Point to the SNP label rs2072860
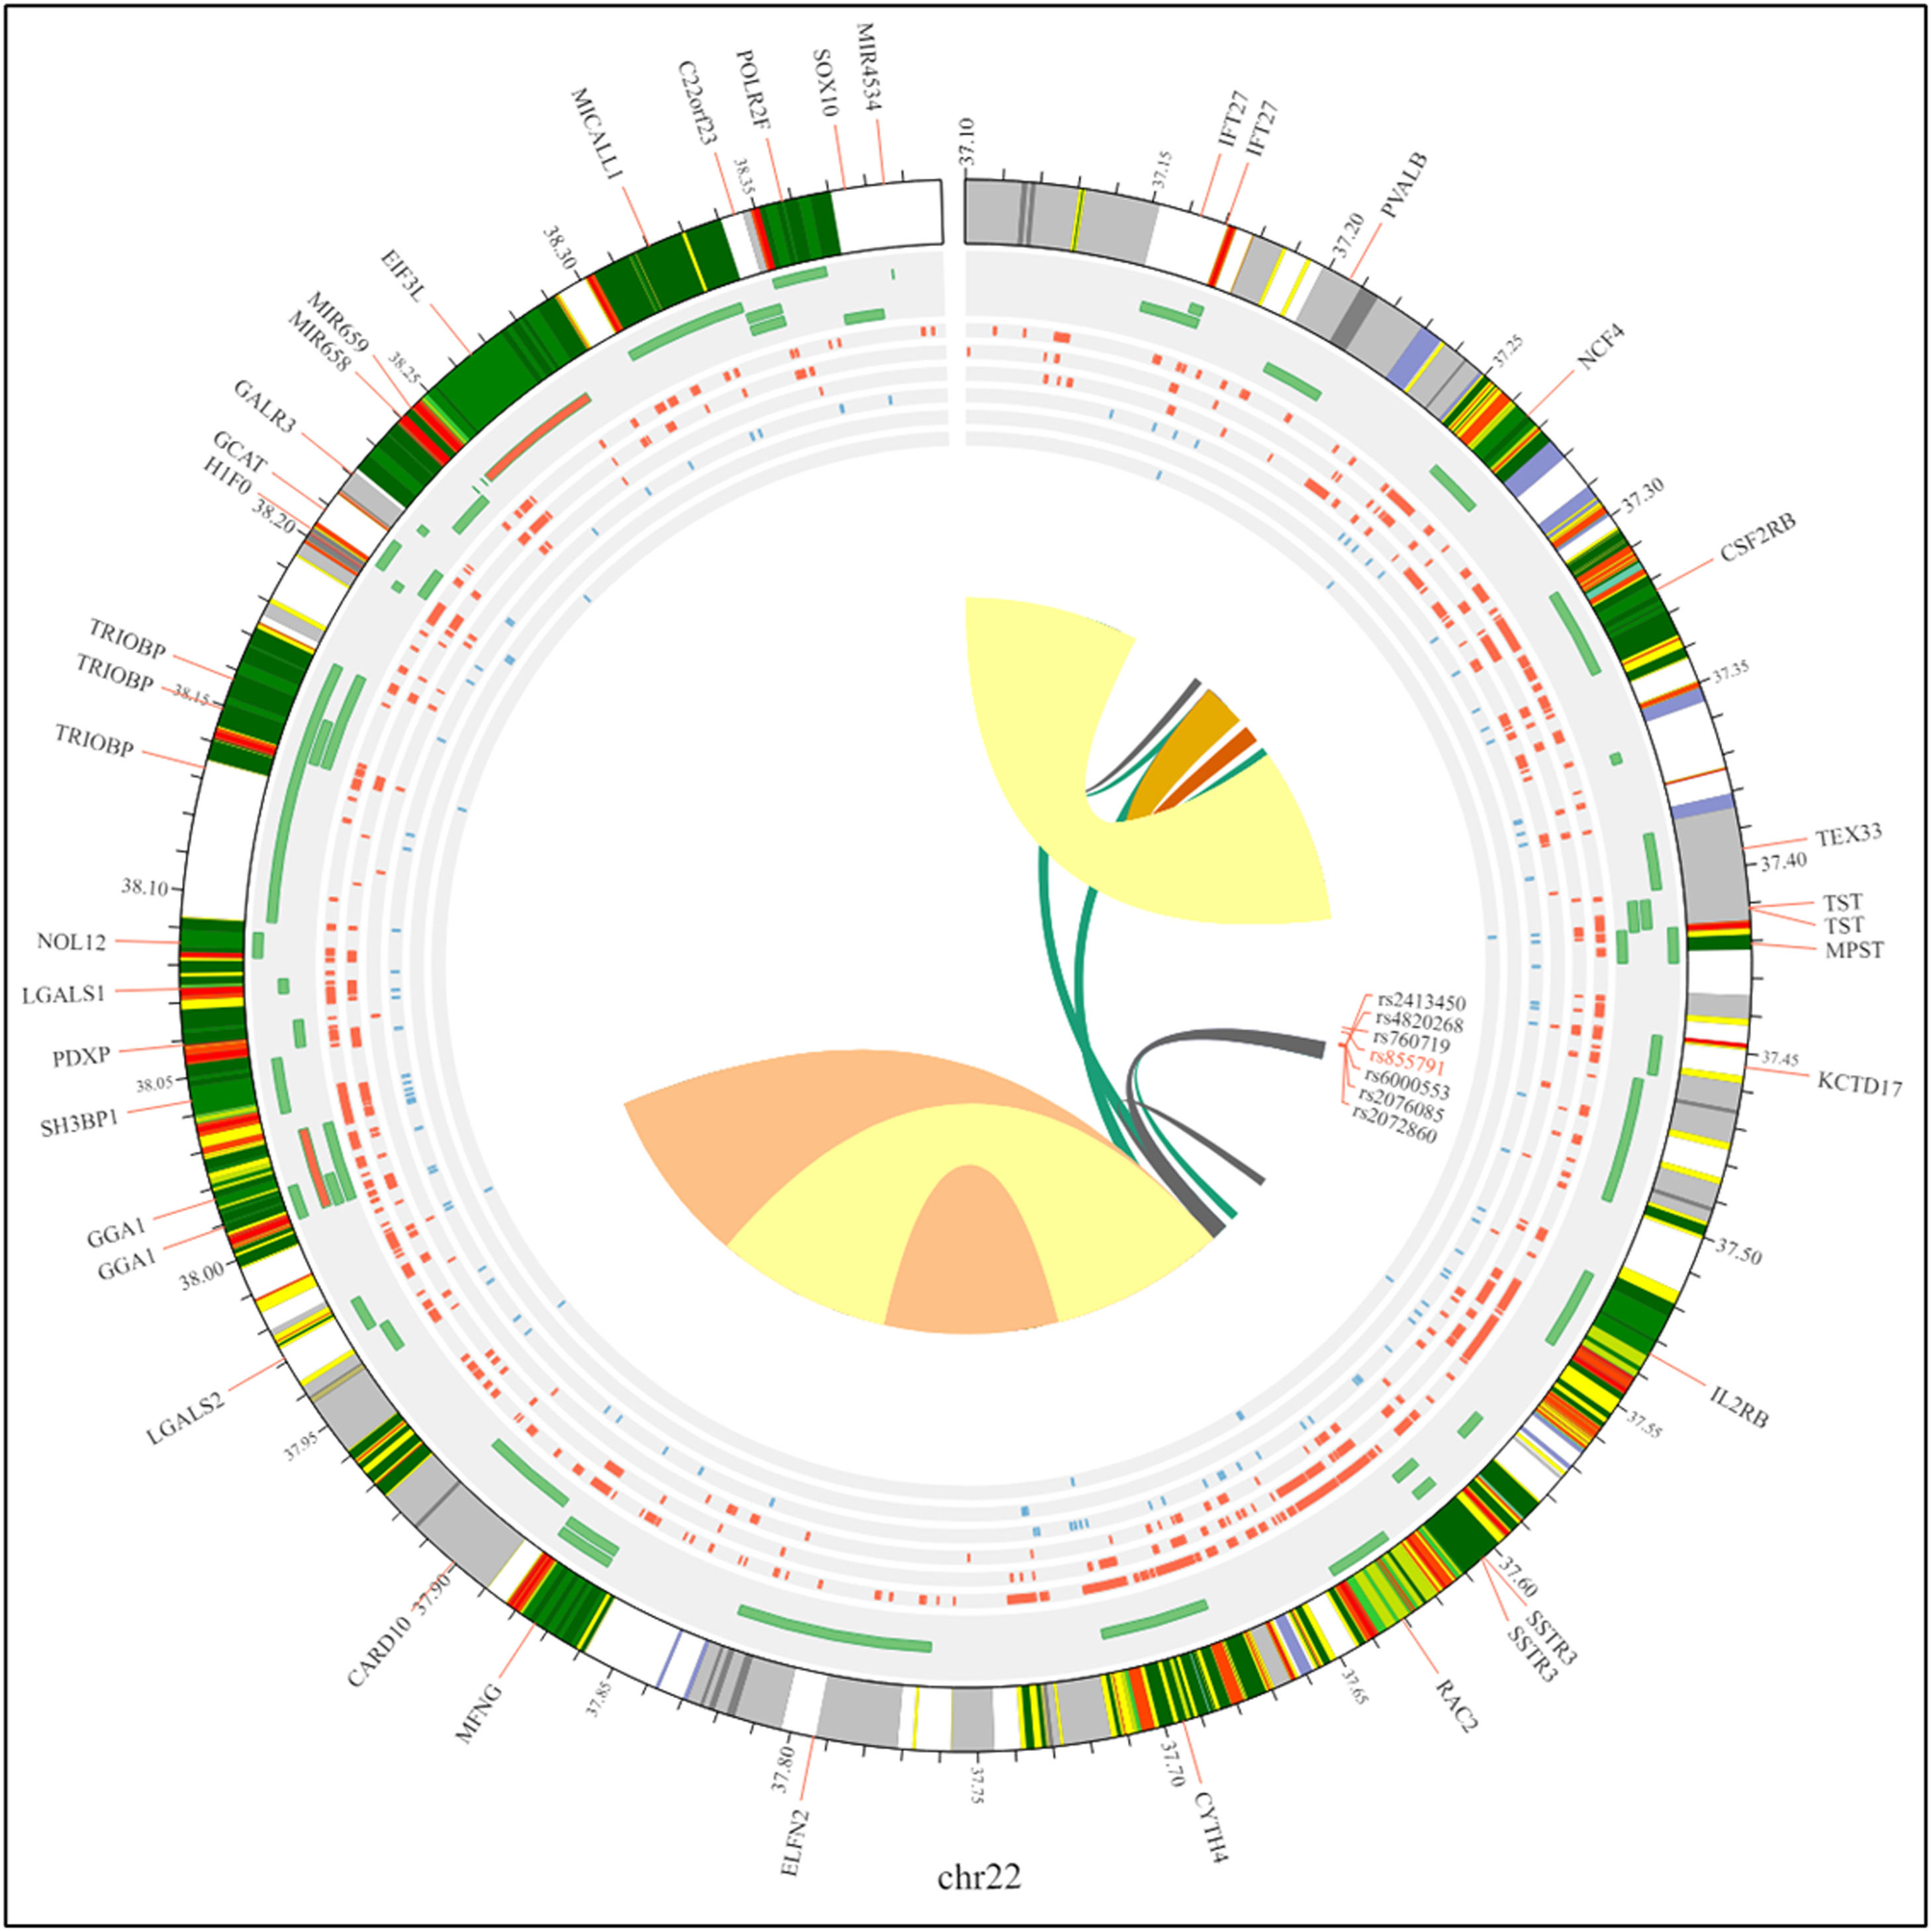[x=1394, y=1137]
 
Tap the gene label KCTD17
[x=1859, y=1084]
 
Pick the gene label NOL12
[x=71, y=941]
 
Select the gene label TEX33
[x=1849, y=835]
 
